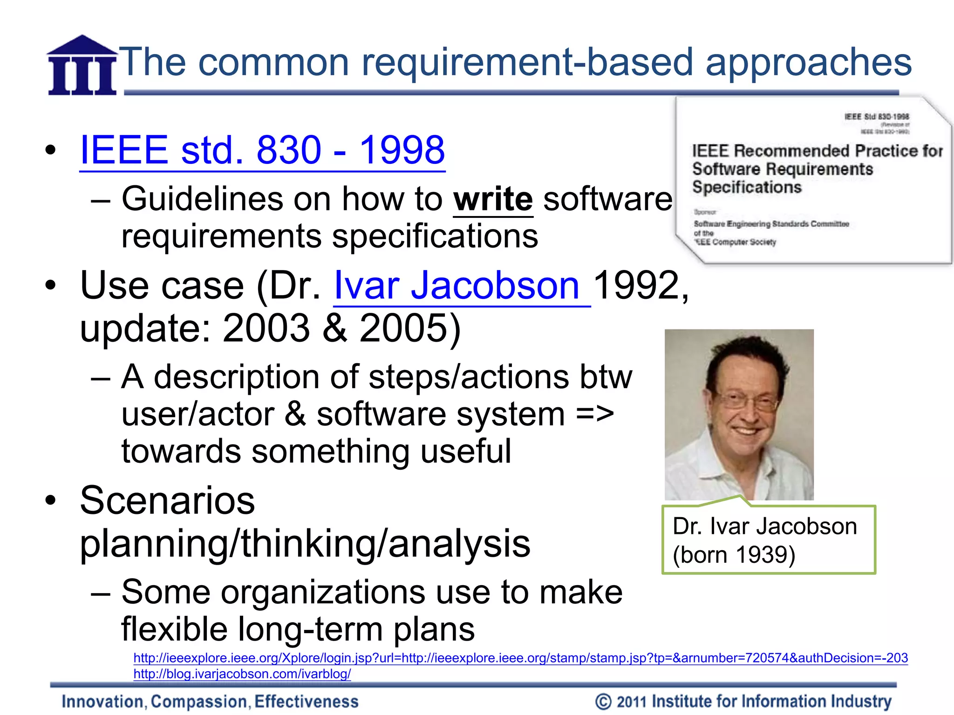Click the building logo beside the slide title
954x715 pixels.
(x=82, y=66)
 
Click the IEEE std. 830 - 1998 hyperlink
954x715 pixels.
(x=262, y=150)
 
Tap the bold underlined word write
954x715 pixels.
(x=493, y=199)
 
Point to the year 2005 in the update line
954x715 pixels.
(x=404, y=328)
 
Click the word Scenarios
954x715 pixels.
(x=168, y=500)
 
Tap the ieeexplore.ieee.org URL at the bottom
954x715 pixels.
(x=520, y=658)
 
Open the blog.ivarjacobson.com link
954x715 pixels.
(x=242, y=674)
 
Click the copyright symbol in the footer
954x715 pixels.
(x=603, y=702)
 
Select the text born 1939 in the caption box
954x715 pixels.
(x=734, y=555)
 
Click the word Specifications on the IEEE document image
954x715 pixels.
(x=747, y=187)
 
